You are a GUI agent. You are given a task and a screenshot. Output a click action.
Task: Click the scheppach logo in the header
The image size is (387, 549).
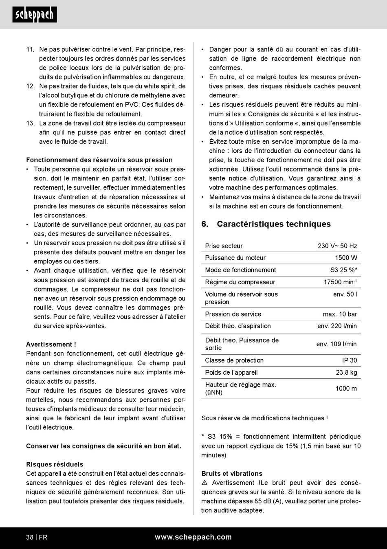(35, 15)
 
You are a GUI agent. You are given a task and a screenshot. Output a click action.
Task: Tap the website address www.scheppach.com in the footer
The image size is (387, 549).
(193, 537)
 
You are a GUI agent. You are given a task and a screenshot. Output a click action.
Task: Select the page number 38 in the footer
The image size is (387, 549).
(30, 537)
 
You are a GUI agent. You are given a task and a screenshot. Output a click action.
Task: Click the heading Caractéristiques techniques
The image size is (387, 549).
(273, 224)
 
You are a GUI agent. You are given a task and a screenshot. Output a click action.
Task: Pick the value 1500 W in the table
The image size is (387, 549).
(346, 258)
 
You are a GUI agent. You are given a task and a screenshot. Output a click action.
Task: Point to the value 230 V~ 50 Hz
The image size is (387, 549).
(337, 246)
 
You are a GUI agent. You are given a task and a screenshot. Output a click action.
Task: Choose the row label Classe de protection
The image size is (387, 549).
(234, 360)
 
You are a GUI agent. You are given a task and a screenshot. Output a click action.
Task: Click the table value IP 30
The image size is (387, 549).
(350, 360)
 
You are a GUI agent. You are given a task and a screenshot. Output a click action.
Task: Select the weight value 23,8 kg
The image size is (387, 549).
(346, 373)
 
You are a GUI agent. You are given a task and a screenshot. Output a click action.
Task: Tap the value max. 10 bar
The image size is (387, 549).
(340, 314)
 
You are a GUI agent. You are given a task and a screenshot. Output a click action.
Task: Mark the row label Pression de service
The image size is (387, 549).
(233, 314)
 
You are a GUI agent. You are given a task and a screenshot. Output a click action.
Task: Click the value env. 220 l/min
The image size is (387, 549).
(337, 326)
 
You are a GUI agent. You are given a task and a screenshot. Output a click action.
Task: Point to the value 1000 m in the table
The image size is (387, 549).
(346, 389)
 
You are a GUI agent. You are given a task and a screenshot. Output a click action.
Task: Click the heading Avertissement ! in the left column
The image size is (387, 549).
(51, 345)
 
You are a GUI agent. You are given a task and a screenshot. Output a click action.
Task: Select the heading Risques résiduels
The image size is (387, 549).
(55, 464)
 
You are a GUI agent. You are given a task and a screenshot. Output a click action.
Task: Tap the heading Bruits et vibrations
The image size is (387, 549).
(232, 474)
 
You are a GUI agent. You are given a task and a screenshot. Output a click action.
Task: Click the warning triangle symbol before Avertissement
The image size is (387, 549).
(204, 483)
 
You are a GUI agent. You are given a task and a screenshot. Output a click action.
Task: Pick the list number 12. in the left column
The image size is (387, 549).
(31, 86)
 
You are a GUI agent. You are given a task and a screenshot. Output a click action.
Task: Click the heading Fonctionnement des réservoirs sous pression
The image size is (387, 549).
(99, 160)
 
